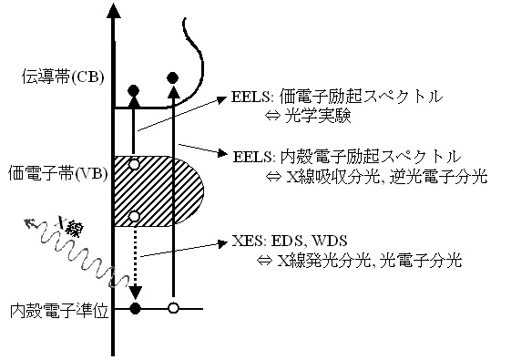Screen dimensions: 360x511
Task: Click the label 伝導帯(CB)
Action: [x=56, y=77]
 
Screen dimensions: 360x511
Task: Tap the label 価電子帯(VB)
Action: [x=56, y=170]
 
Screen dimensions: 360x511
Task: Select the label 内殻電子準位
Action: [x=56, y=311]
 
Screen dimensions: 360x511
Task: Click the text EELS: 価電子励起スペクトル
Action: [x=336, y=97]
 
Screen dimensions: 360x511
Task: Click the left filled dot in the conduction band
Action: [x=134, y=89]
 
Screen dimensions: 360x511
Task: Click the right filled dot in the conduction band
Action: [x=173, y=77]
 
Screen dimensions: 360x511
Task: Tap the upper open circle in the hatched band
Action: [x=134, y=165]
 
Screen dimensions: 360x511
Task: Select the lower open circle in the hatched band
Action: [x=134, y=216]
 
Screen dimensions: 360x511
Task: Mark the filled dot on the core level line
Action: [x=136, y=309]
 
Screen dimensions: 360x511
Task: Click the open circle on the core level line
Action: [x=173, y=309]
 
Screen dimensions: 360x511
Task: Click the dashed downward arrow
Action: [x=135, y=264]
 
